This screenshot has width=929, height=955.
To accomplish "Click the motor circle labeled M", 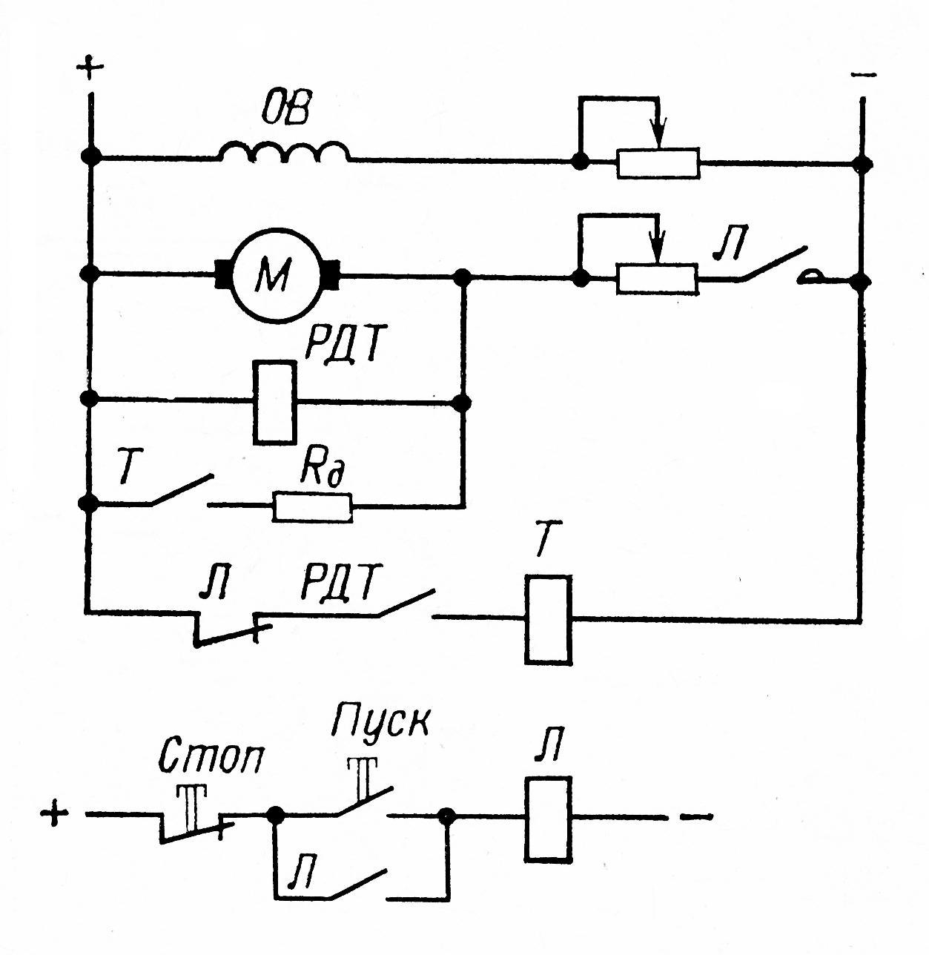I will pyautogui.click(x=276, y=275).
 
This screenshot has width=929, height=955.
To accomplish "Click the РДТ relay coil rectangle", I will pyautogui.click(x=274, y=403).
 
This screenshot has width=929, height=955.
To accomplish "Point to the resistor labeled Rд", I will pyautogui.click(x=312, y=507).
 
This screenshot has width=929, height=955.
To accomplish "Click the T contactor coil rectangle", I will pyautogui.click(x=548, y=619).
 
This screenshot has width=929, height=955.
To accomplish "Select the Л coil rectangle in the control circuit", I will pyautogui.click(x=548, y=818).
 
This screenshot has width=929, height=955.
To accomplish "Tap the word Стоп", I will pyautogui.click(x=212, y=756).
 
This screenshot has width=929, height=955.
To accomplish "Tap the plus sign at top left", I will pyautogui.click(x=90, y=69).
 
